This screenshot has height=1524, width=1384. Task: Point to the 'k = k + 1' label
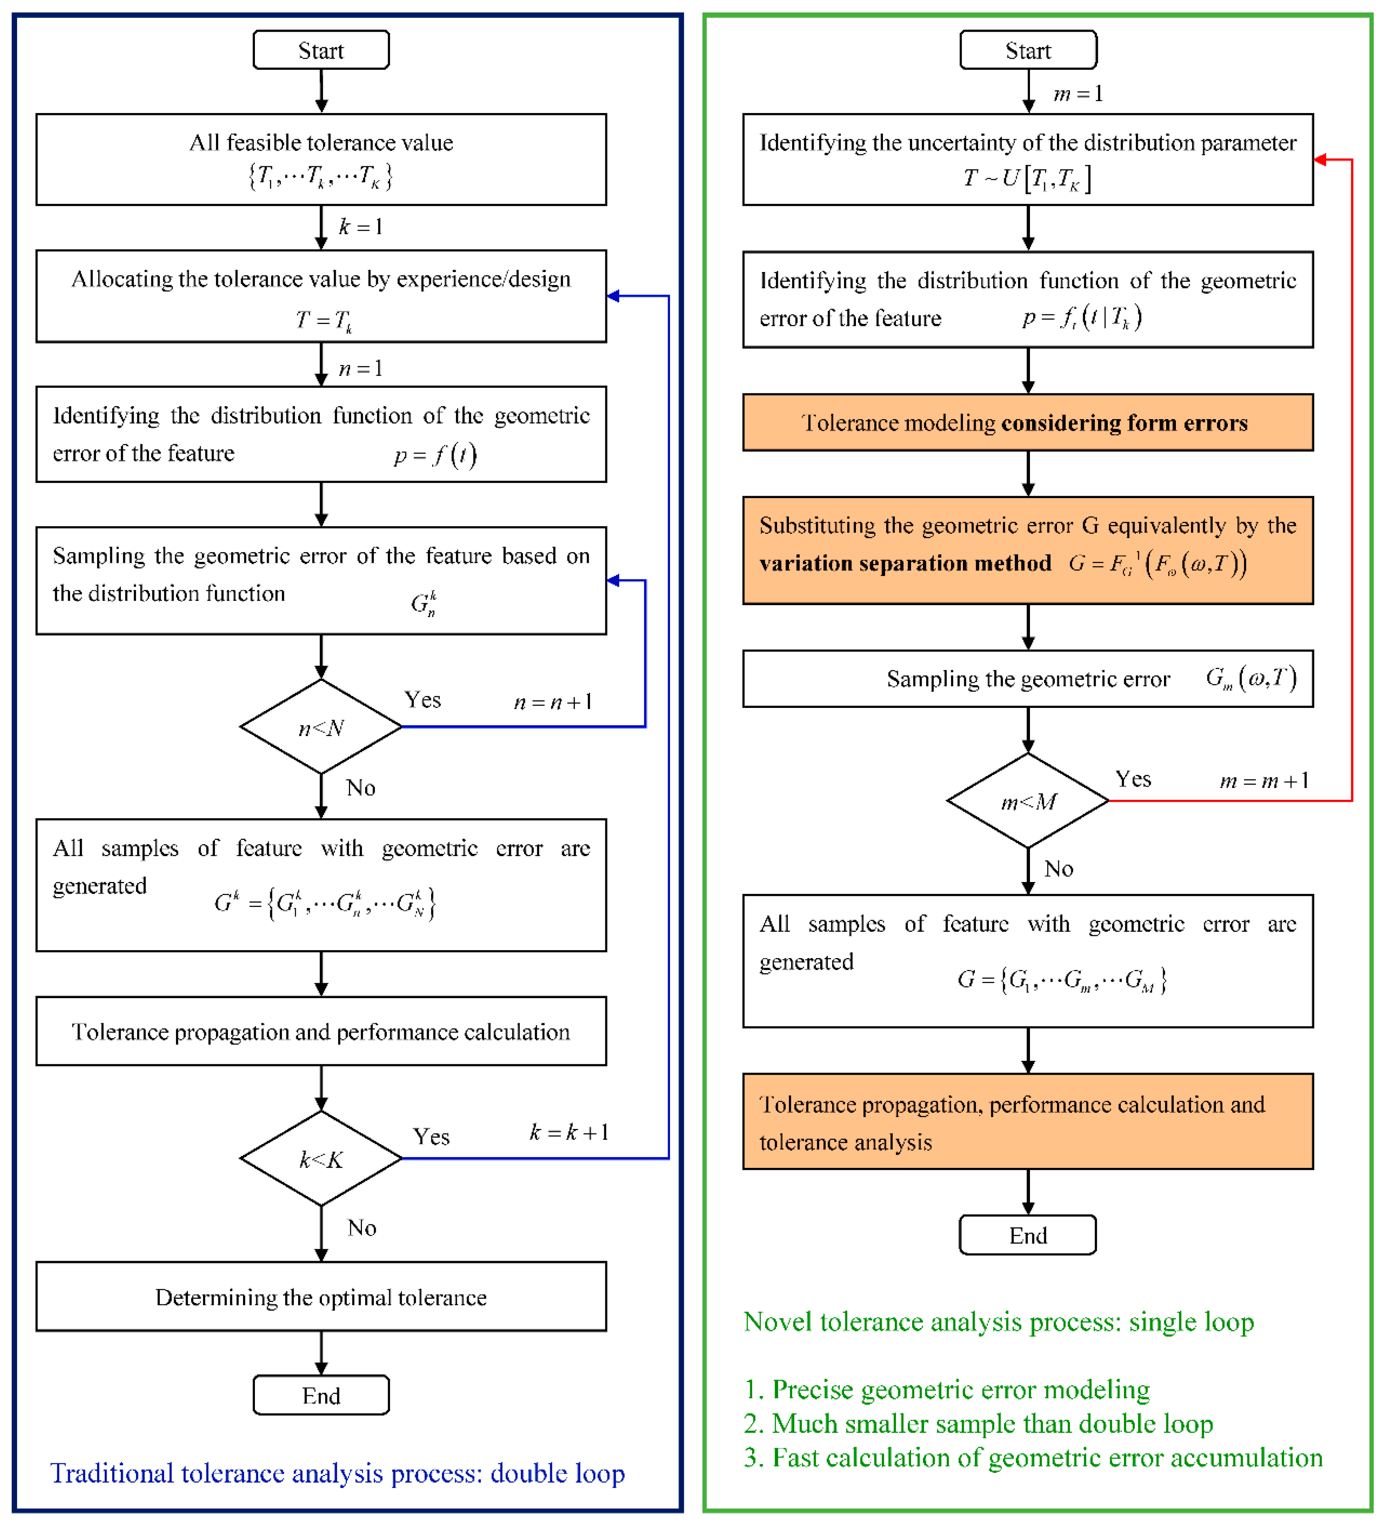click(569, 1132)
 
